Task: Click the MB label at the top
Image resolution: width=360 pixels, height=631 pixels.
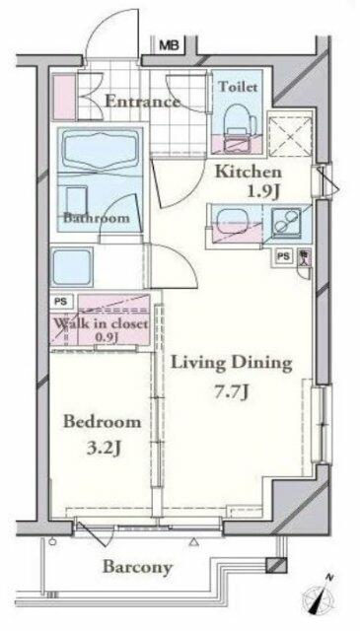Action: click(x=170, y=44)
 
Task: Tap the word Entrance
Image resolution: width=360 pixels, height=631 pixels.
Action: click(x=142, y=102)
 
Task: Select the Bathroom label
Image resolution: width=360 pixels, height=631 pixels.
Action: click(x=98, y=218)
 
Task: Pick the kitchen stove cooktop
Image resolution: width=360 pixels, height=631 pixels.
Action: click(x=289, y=226)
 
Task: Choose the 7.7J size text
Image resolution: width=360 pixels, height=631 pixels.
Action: click(x=233, y=391)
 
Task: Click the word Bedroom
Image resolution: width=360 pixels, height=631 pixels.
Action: click(x=102, y=422)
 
